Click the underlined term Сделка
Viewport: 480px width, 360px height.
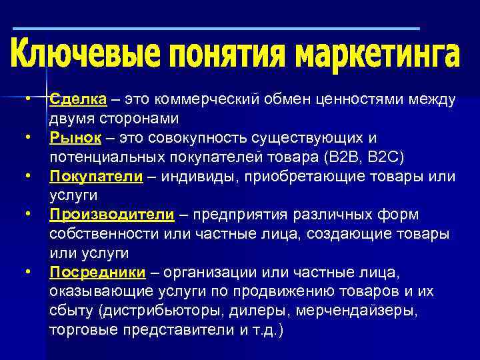[78, 99]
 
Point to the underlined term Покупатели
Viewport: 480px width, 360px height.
[96, 177]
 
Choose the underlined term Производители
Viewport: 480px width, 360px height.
[111, 215]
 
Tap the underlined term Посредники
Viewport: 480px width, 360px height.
[97, 272]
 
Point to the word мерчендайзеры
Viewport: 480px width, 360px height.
[363, 311]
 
